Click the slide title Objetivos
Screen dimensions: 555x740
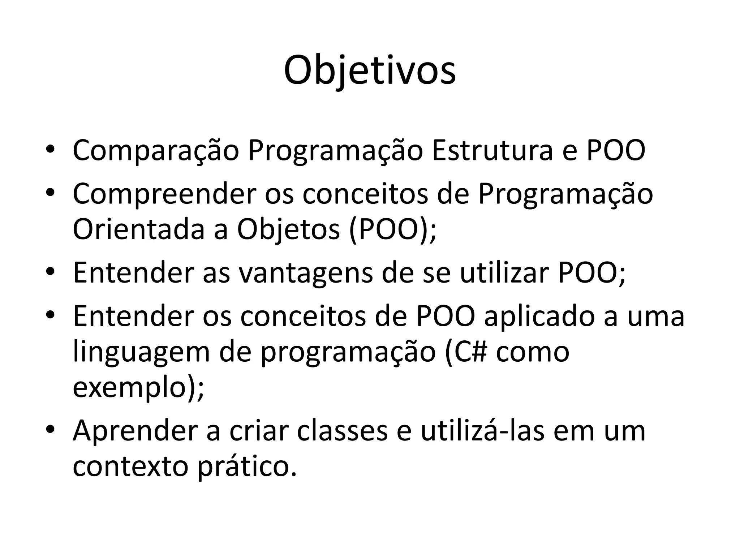pyautogui.click(x=370, y=71)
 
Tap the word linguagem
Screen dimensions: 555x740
pyautogui.click(x=141, y=353)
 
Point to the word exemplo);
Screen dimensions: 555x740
pyautogui.click(x=138, y=388)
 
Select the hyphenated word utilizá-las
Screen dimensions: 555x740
pyautogui.click(x=482, y=431)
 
